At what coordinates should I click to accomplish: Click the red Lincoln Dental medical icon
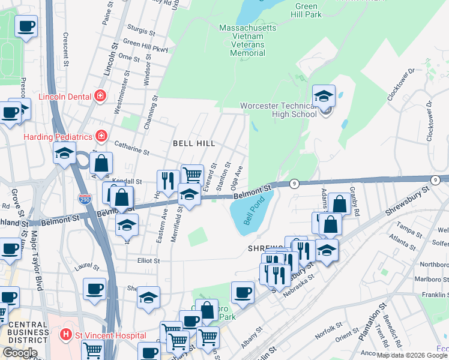pos(100,96)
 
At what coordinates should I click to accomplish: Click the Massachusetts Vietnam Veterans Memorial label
pos(248,40)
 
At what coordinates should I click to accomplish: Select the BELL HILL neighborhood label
pos(193,144)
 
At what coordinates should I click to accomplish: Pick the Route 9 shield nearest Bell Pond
pos(294,183)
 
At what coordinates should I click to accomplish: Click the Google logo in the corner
pos(19,353)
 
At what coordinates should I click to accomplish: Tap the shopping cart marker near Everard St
pos(192,175)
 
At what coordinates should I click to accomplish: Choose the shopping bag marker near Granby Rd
pos(339,203)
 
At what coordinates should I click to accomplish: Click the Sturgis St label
pos(142,28)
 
